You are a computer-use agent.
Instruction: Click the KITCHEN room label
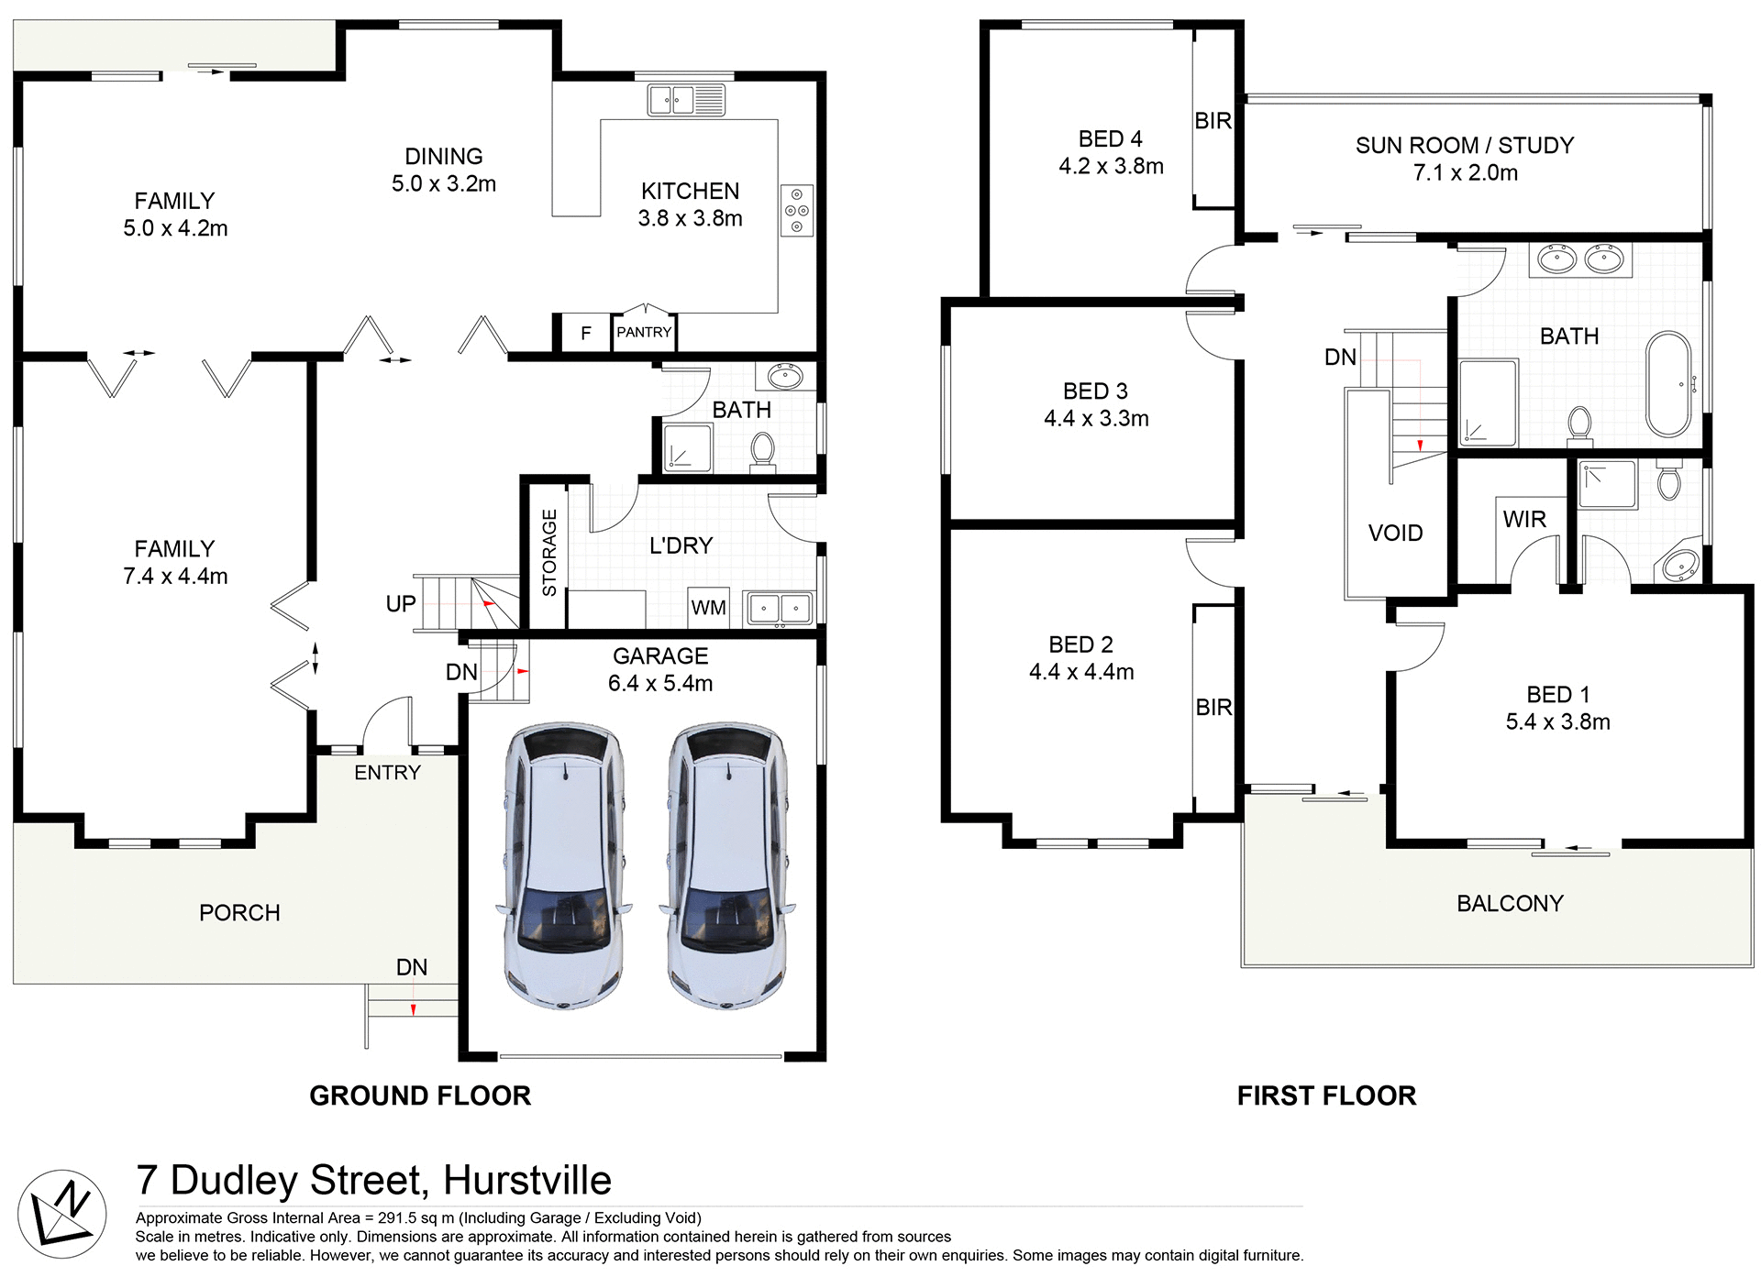click(x=690, y=192)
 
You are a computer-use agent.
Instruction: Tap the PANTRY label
click(x=644, y=332)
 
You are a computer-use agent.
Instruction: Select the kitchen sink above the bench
click(x=686, y=100)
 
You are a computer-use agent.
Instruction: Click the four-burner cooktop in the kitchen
click(x=797, y=211)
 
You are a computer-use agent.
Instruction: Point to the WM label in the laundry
click(x=708, y=608)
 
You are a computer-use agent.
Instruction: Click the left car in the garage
click(x=564, y=865)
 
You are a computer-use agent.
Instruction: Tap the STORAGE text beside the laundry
click(x=549, y=553)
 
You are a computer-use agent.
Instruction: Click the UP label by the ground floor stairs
click(x=401, y=604)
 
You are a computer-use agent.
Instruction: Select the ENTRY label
click(x=387, y=773)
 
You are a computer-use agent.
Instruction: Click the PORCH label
click(x=239, y=913)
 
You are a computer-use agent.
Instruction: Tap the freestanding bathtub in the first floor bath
click(x=1668, y=384)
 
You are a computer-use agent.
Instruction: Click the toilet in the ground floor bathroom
click(x=762, y=451)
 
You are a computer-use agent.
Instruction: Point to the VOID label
click(x=1395, y=534)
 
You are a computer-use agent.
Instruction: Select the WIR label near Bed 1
click(x=1524, y=520)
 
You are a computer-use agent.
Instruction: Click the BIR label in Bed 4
click(x=1213, y=121)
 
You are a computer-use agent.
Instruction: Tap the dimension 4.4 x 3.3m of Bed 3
click(x=1096, y=419)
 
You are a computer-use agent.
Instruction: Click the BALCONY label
click(x=1510, y=904)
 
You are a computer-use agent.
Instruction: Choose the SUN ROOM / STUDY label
click(x=1465, y=146)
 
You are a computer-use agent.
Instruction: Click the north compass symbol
click(x=61, y=1214)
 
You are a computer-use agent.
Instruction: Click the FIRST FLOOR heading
click(x=1326, y=1095)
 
